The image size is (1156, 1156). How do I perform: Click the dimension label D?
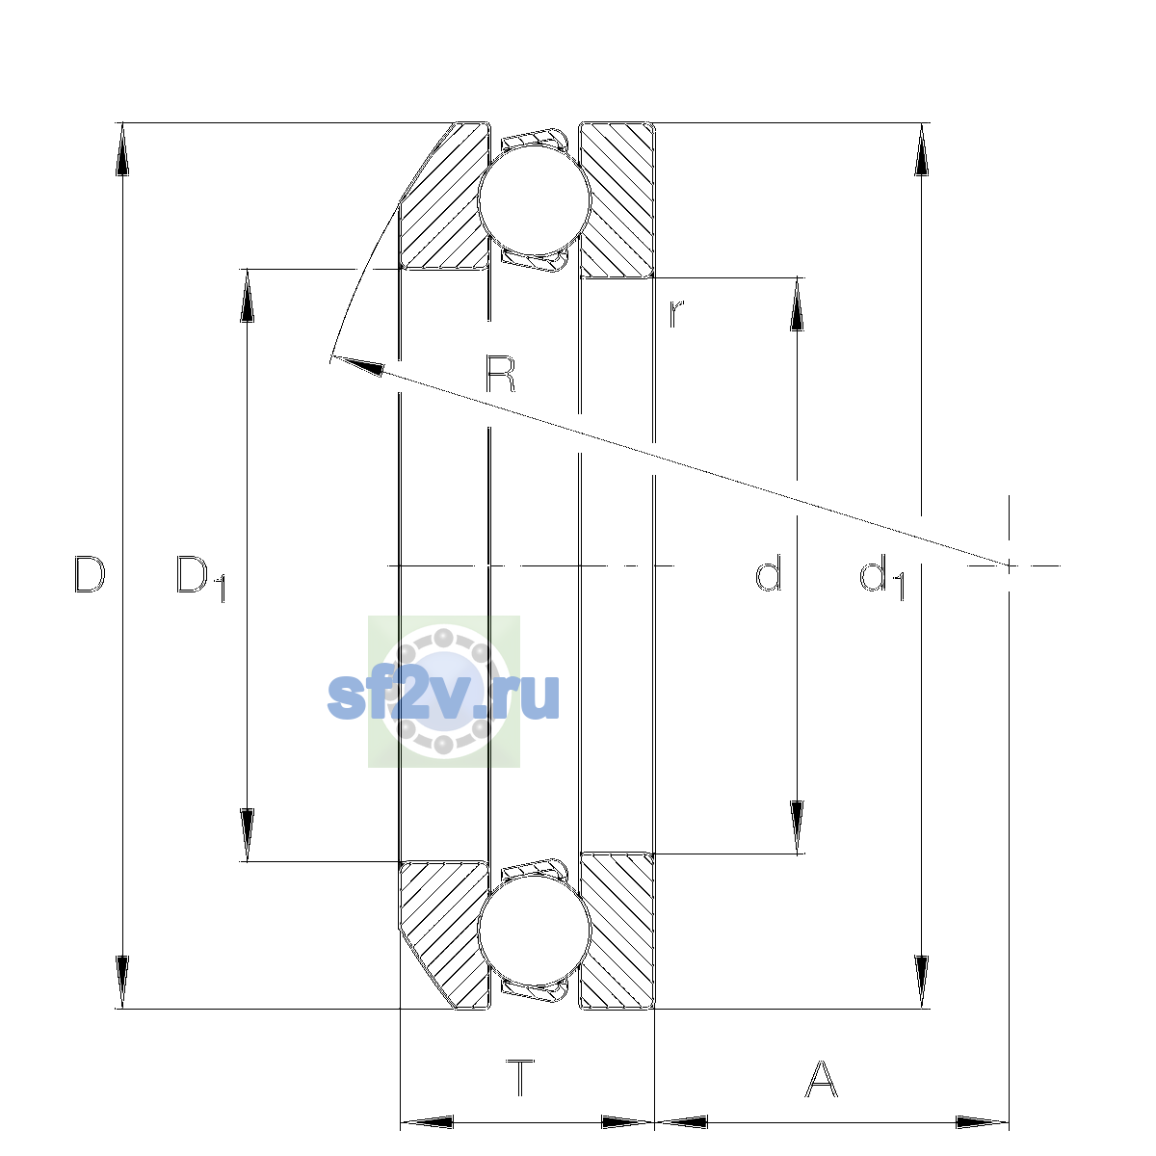tap(90, 574)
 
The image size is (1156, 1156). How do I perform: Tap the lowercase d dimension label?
tap(768, 573)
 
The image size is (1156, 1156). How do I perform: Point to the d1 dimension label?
tap(881, 577)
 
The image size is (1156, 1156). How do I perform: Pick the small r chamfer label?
tap(676, 314)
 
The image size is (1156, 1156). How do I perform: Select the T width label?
tap(520, 1094)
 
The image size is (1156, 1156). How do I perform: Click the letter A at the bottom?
tap(821, 1095)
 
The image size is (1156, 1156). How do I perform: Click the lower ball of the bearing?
tap(535, 930)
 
